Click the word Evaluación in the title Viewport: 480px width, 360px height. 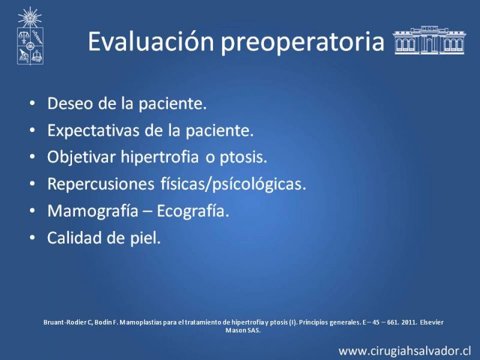(x=151, y=41)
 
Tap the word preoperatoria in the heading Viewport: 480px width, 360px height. (x=302, y=43)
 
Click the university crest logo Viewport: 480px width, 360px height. (x=30, y=36)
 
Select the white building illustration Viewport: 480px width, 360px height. (x=429, y=40)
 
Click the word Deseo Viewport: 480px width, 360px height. (x=70, y=103)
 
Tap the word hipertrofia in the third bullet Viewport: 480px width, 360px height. (x=160, y=157)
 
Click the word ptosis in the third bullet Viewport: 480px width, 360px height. (x=243, y=158)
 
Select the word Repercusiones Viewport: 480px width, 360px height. (x=101, y=184)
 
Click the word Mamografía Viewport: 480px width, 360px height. (x=92, y=211)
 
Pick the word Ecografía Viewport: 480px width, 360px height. (x=193, y=211)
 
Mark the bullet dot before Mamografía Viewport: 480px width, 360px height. (x=32, y=211)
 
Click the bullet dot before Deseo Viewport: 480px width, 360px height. (x=32, y=103)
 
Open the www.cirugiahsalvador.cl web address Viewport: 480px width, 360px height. (x=404, y=350)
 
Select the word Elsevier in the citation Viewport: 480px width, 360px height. (x=431, y=322)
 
